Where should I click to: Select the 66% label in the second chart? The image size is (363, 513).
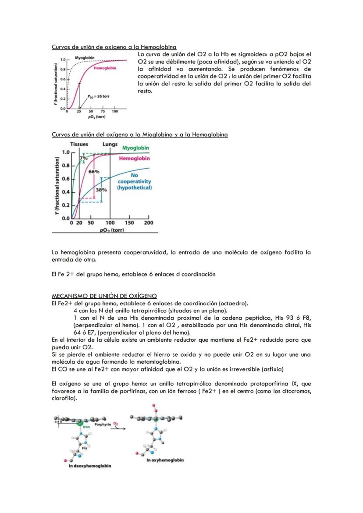coord(94,172)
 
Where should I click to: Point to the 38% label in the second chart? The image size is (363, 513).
coord(101,190)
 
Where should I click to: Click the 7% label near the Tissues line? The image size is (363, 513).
coord(83,158)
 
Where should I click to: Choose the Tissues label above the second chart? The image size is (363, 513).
coord(79,144)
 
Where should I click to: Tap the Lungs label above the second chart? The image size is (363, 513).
coord(110,144)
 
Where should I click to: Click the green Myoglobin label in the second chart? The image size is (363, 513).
coord(135,148)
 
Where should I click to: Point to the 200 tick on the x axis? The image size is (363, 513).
coord(149,223)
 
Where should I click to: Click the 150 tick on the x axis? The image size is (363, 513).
coord(129,223)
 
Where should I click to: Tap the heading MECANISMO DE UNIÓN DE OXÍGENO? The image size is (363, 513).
coord(104,297)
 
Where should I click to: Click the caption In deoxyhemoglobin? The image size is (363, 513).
coord(90,466)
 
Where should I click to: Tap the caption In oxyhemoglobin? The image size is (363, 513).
coord(165,460)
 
